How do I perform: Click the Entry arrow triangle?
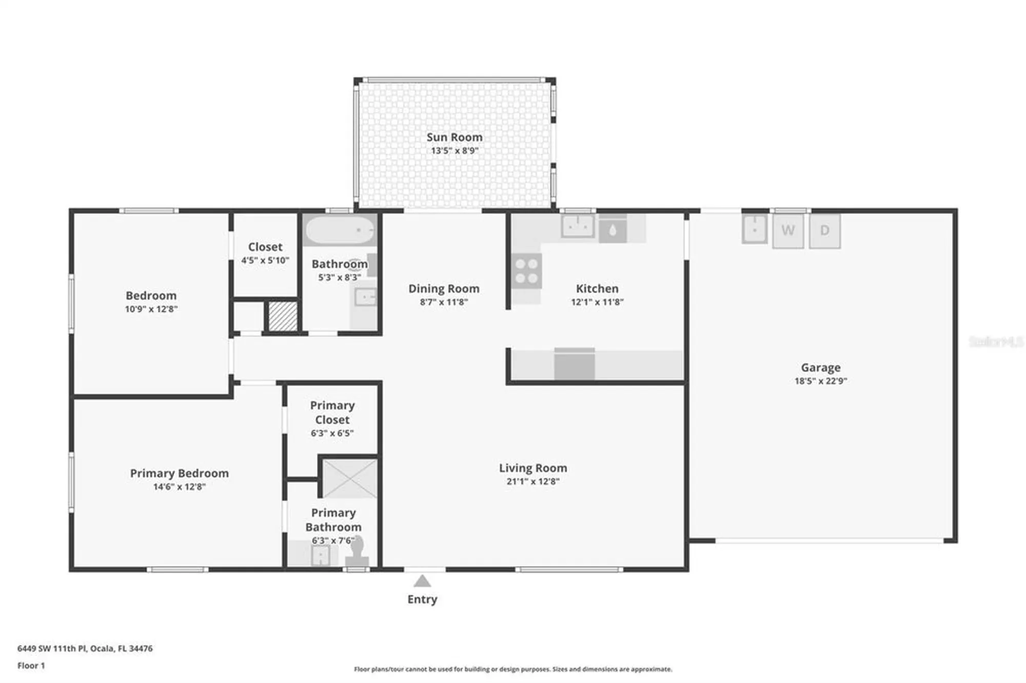(x=422, y=581)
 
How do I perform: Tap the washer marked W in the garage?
(x=788, y=231)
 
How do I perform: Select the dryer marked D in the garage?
(x=824, y=231)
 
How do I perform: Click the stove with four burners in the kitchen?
(x=526, y=271)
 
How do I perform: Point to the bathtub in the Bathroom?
(x=340, y=230)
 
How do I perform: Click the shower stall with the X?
(x=349, y=478)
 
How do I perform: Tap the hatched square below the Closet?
(x=283, y=316)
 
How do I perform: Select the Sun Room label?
(x=454, y=137)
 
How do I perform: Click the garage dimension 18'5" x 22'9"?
(x=820, y=381)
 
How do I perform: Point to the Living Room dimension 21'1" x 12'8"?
(x=532, y=481)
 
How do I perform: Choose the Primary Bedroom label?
(x=179, y=473)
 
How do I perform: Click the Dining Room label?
(x=444, y=289)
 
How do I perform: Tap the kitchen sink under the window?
(x=578, y=226)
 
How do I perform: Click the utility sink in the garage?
(x=754, y=229)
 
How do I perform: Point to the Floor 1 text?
(x=31, y=666)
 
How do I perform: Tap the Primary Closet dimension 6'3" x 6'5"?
(x=332, y=433)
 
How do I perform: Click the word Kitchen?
(x=597, y=289)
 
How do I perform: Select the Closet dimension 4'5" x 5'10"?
(x=265, y=260)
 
